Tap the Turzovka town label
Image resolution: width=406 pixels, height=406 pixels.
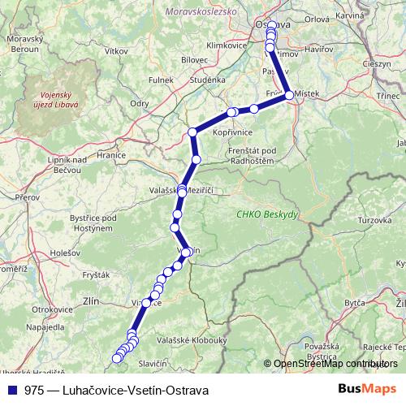[377, 220]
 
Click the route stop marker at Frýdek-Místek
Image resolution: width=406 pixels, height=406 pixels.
[289, 95]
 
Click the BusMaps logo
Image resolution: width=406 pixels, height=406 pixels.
[368, 390]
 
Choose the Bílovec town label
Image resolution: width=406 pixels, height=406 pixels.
[194, 60]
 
